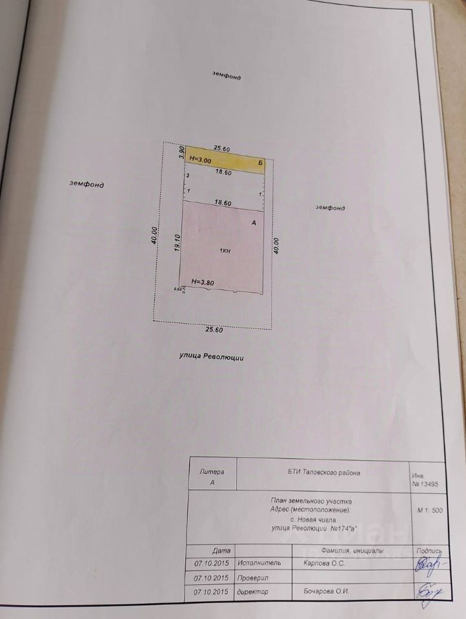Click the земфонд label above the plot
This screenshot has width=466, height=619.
(x=227, y=75)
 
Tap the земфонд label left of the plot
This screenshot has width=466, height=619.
(x=87, y=184)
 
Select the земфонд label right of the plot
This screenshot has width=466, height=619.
(x=330, y=208)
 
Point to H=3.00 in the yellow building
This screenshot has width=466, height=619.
(x=200, y=159)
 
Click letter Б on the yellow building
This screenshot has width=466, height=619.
(x=259, y=164)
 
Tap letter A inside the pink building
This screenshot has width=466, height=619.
(x=254, y=222)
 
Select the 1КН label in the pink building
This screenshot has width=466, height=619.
(x=225, y=251)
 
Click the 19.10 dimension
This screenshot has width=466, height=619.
(x=176, y=244)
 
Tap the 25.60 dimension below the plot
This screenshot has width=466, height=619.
(x=214, y=329)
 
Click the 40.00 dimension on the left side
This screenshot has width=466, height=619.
(x=154, y=234)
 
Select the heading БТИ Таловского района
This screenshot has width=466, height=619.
(x=324, y=473)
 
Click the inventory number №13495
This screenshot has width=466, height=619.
(x=427, y=483)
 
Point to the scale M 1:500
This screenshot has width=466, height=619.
(x=430, y=510)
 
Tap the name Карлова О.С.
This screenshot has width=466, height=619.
(x=324, y=563)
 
